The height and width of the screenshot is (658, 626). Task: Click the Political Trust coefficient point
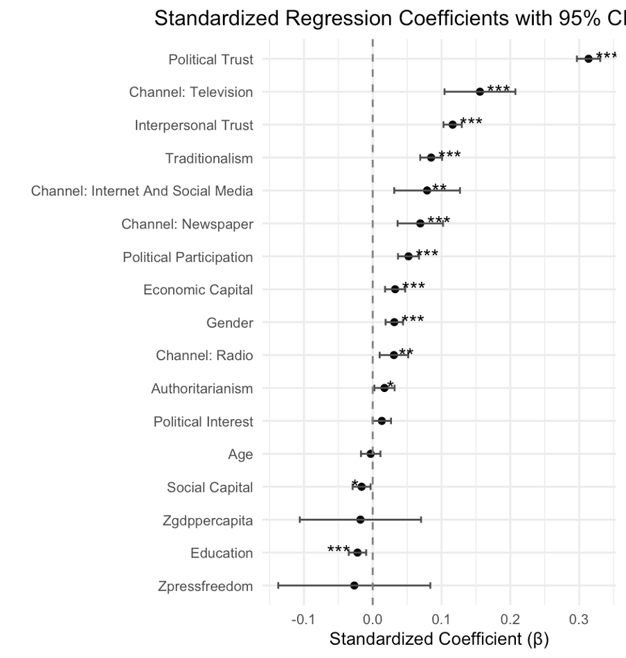pos(589,59)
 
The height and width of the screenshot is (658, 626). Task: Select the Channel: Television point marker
pos(480,91)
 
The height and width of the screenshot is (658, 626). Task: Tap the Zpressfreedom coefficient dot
pos(355,585)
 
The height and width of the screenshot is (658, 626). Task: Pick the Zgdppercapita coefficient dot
pos(360,519)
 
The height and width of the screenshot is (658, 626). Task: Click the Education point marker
pos(357,552)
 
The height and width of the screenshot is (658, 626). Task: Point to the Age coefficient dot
pos(370,454)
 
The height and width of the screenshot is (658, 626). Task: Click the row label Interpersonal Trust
pos(194,125)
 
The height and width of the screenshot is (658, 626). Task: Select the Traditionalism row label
pos(209,159)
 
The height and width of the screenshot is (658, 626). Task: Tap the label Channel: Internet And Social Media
pos(142,191)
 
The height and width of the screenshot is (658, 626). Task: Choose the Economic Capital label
pos(198,290)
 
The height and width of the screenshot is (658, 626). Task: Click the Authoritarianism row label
pos(202,389)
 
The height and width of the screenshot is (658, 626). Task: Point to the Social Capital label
pos(210,488)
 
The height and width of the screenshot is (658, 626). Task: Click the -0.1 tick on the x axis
pos(303,619)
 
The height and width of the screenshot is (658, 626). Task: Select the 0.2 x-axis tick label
pos(510,619)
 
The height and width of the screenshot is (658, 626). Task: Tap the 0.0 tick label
pos(373,619)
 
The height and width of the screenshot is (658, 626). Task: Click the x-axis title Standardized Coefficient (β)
pos(439,639)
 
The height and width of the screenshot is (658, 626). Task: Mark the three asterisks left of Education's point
pos(339,550)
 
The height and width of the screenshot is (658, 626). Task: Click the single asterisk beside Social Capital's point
pos(355,484)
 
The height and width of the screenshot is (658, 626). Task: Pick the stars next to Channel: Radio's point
pos(406,353)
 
